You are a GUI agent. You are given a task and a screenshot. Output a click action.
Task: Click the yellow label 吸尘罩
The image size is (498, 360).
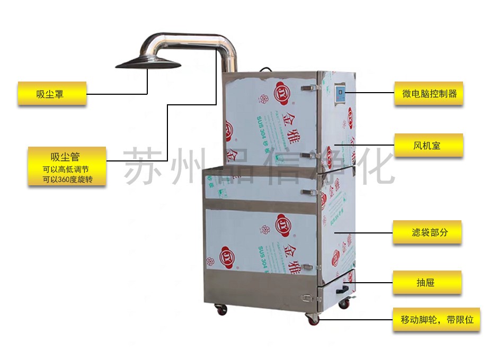pos(52,94)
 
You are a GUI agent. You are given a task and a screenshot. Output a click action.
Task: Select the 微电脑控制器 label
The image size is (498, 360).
pos(429,94)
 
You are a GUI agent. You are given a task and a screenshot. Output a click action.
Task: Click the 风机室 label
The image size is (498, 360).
pos(429,145)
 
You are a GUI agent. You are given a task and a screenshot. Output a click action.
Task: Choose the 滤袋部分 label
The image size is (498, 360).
pos(427,232)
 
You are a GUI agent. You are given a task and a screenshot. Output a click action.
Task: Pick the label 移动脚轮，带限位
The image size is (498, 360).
pos(436,320)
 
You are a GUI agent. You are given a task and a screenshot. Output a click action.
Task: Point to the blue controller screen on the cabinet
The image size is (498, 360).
pos(340,94)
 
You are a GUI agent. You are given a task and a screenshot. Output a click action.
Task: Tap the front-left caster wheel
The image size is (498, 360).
pos(221,309)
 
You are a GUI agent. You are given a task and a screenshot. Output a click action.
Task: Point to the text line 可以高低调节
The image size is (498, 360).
pos(67,169)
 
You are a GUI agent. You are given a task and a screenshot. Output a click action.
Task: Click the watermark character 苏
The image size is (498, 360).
pos(143,165)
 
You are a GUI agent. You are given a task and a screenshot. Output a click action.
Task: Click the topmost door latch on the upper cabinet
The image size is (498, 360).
pos(306,87)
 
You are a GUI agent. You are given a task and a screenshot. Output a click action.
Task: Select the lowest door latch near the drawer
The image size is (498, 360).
pos(307,298)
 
